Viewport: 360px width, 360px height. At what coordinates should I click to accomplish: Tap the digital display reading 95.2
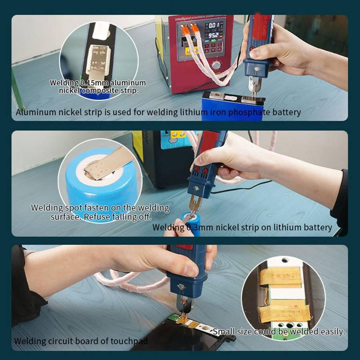pyautogui.click(x=213, y=36)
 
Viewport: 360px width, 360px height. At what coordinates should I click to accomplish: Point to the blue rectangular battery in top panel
pyautogui.click(x=232, y=105)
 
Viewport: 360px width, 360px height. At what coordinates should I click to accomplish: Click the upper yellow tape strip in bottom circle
pyautogui.click(x=280, y=276)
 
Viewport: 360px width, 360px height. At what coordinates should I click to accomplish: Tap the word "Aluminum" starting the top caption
pyautogui.click(x=36, y=112)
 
